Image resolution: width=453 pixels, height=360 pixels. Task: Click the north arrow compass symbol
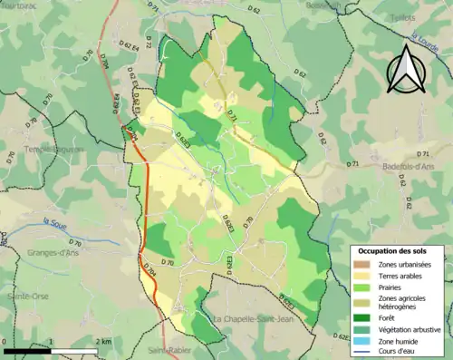coord(405,68)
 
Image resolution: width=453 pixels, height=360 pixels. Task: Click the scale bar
coord(50,349)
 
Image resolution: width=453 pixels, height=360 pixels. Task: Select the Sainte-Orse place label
coord(27,297)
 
